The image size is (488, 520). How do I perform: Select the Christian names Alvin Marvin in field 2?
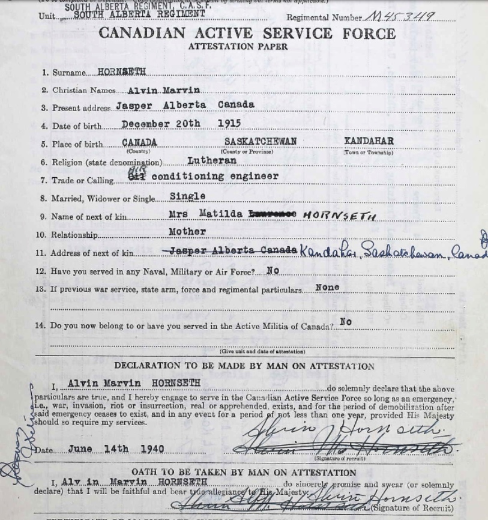pyautogui.click(x=164, y=90)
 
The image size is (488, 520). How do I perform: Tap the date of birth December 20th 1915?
pyautogui.click(x=181, y=124)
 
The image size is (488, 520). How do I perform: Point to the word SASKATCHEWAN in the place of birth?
pyautogui.click(x=261, y=142)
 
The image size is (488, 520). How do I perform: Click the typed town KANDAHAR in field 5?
pyautogui.click(x=369, y=141)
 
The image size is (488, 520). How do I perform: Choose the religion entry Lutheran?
pyautogui.click(x=212, y=160)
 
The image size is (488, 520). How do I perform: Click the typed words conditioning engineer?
pyautogui.click(x=215, y=177)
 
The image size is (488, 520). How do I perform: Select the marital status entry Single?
pyautogui.click(x=187, y=196)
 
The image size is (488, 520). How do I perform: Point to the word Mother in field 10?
pyautogui.click(x=187, y=231)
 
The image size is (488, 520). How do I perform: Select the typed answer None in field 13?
pyautogui.click(x=327, y=288)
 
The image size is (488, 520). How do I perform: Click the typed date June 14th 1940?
pyautogui.click(x=116, y=449)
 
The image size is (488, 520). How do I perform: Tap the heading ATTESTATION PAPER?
pyautogui.click(x=238, y=47)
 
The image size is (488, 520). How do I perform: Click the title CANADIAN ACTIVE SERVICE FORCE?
pyautogui.click(x=247, y=33)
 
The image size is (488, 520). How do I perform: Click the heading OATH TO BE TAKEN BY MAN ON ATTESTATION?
pyautogui.click(x=244, y=473)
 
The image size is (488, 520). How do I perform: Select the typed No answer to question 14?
pyautogui.click(x=346, y=322)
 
